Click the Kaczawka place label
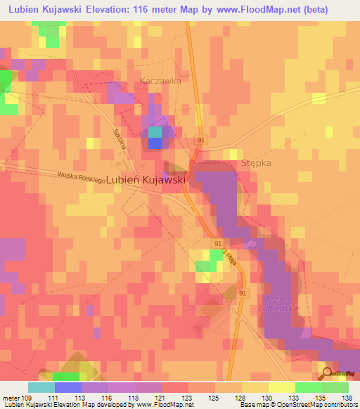pyautogui.click(x=160, y=81)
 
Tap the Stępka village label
pyautogui.click(x=256, y=162)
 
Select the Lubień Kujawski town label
pyautogui.click(x=146, y=180)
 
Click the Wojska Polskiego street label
pyautogui.click(x=82, y=176)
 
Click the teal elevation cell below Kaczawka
pyautogui.click(x=154, y=131)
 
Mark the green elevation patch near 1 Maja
pyautogui.click(x=206, y=265)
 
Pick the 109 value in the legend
pyautogui.click(x=27, y=398)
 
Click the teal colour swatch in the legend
pyautogui.click(x=41, y=387)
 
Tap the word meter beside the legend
pyautogui.click(x=11, y=398)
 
